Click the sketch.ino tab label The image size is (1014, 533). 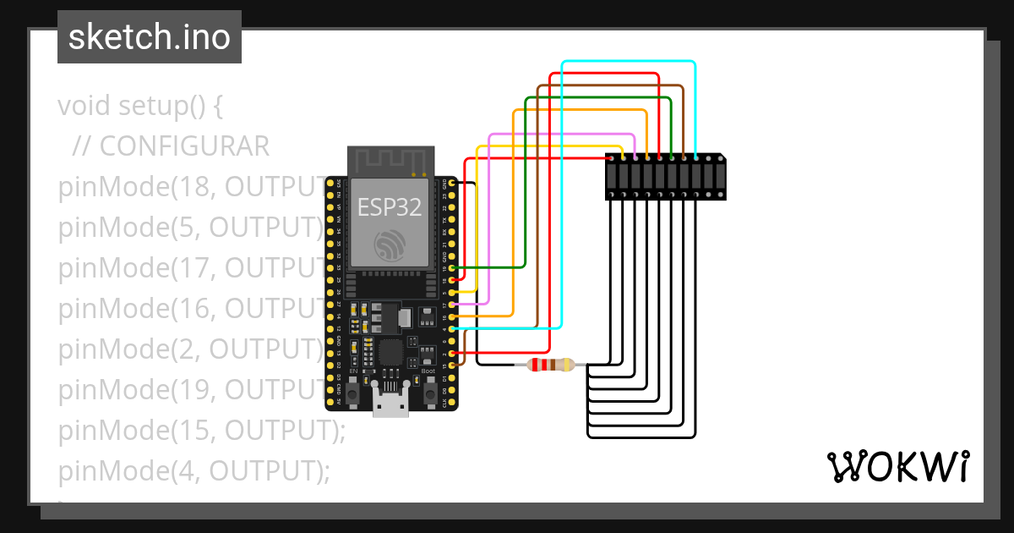(x=150, y=37)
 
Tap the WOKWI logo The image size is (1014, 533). (x=897, y=467)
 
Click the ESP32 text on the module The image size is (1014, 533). (x=389, y=206)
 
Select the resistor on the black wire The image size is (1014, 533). (x=550, y=365)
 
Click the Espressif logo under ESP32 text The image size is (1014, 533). (x=390, y=245)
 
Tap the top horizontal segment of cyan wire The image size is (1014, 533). (x=629, y=62)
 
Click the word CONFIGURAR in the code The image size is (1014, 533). (x=184, y=146)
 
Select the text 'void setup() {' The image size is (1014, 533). (x=140, y=107)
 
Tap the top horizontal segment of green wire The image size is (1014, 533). (x=598, y=98)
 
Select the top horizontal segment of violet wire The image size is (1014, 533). (x=562, y=135)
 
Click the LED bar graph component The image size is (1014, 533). (x=665, y=177)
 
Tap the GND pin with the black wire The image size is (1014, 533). (x=453, y=183)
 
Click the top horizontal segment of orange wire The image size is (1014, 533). (x=580, y=110)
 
